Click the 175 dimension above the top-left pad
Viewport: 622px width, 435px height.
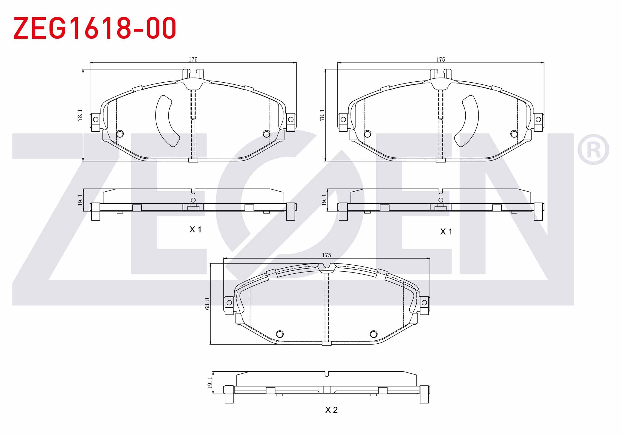[x=193, y=59]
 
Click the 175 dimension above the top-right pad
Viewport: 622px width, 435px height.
[x=441, y=59]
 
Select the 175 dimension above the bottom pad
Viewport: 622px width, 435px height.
[x=327, y=255]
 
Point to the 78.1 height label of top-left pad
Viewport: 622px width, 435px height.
[x=80, y=115]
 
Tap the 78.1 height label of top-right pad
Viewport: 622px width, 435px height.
[x=322, y=115]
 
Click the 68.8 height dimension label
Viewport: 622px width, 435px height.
[x=207, y=304]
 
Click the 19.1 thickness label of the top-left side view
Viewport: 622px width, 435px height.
[x=80, y=200]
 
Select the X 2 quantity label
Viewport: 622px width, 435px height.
[x=331, y=410]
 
